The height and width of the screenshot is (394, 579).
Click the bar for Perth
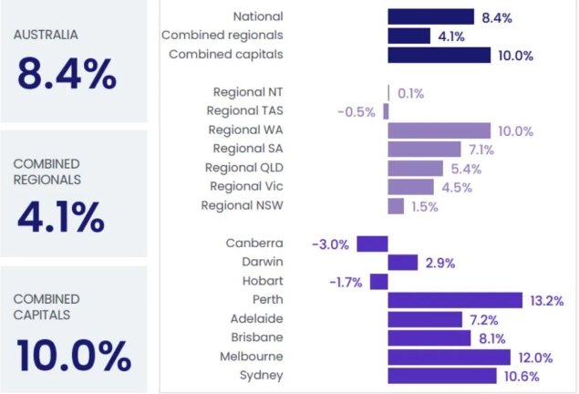click(x=454, y=300)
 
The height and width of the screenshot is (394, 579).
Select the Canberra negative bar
click(x=372, y=244)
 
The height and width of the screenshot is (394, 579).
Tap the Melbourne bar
click(x=449, y=357)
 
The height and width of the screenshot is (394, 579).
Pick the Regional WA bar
click(x=439, y=130)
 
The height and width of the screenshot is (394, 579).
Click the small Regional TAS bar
click(x=386, y=111)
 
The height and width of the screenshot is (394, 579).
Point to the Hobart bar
click(x=378, y=282)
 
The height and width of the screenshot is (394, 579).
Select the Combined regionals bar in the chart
click(x=408, y=36)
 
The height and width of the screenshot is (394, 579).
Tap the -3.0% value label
click(x=331, y=244)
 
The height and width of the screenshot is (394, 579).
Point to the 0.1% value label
click(x=410, y=93)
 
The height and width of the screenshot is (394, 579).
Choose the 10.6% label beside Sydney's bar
click(x=522, y=376)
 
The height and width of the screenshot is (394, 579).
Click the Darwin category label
click(x=262, y=263)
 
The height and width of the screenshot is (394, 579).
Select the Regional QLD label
click(x=243, y=168)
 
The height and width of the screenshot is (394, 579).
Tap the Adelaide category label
click(x=256, y=319)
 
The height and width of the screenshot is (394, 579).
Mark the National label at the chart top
click(x=258, y=16)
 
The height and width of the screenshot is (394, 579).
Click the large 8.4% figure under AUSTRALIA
click(x=66, y=76)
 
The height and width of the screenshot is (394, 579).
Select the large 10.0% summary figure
click(x=73, y=356)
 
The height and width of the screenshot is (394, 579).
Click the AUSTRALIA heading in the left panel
click(x=46, y=35)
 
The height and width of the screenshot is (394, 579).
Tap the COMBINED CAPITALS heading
click(x=47, y=306)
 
